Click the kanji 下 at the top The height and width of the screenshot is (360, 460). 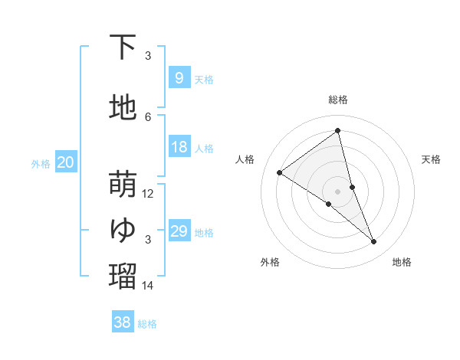coord(123,47)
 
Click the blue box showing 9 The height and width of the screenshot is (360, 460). coord(179,78)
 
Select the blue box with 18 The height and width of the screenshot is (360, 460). coord(179,148)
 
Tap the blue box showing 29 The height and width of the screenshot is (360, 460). coord(179,232)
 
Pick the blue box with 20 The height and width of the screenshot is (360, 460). coord(65,162)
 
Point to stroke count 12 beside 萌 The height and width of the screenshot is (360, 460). coord(148,194)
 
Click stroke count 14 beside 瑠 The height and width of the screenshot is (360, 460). coord(148,286)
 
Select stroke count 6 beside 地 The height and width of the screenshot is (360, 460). coord(148,116)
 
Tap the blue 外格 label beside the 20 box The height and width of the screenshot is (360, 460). coord(40,163)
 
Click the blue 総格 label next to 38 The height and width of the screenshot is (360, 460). coord(147,324)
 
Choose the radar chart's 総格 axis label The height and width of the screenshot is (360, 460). coord(338,100)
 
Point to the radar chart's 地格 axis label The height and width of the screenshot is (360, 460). coord(402,262)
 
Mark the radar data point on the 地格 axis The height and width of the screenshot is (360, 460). coord(374,242)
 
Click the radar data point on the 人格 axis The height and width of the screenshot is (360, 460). coord(280,172)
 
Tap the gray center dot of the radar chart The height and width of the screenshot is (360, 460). coord(338,191)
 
